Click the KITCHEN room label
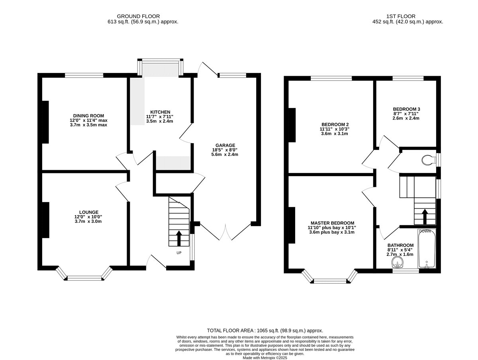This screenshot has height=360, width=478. pos(160,112)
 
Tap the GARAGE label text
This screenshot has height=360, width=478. pos(225,146)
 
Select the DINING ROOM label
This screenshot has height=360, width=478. pos(88,116)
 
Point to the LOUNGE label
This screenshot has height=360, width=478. pos(89,212)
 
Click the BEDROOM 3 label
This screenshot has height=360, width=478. pos(406,109)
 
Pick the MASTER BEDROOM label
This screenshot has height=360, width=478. pos(332,223)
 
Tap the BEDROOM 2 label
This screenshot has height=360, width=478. pos(335,124)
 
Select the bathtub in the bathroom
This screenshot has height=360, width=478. pos(427,248)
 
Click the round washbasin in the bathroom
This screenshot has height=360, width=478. pos(398,263)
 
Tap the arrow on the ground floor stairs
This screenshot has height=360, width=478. pos(179,238)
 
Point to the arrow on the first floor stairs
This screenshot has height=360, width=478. pos(425,217)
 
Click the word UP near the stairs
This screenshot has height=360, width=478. pos(179,253)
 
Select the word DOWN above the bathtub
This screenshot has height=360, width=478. pos(425,231)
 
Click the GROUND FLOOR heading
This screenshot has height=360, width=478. pos(138,16)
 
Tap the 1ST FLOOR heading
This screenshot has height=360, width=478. pos(401,16)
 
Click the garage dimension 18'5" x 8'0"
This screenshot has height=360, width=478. pos(225,150)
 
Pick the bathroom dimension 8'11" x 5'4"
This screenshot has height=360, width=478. pos(400,250)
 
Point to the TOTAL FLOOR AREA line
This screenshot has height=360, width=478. pos(265,330)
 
